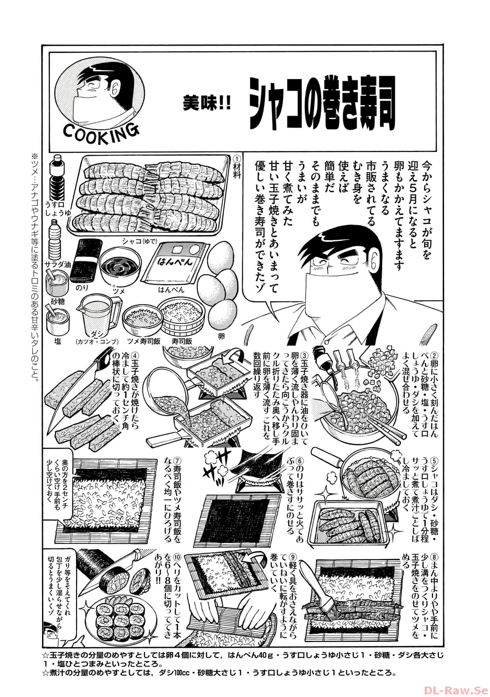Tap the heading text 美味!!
[207, 104]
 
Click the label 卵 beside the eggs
[221, 336]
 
